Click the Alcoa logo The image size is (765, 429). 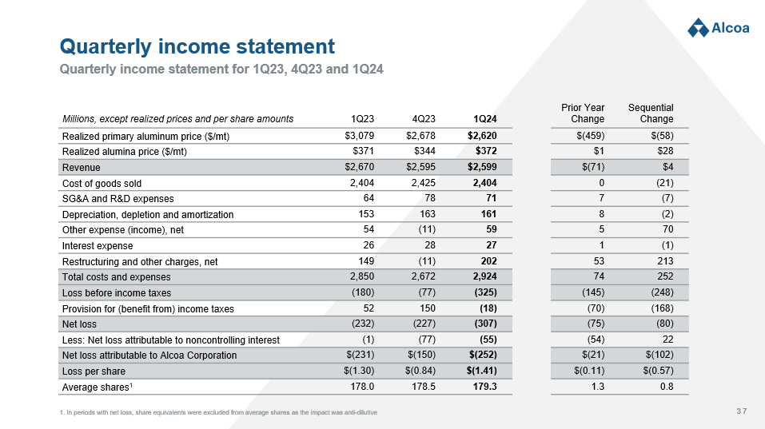point(718,28)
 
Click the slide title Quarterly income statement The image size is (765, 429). point(197,46)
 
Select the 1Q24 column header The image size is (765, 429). point(485,119)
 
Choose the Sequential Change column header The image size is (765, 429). point(651,113)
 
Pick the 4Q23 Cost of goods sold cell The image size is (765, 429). point(421,183)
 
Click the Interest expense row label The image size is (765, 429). point(98,245)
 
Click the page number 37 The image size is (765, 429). point(741,411)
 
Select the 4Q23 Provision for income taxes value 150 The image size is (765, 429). point(426,308)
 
